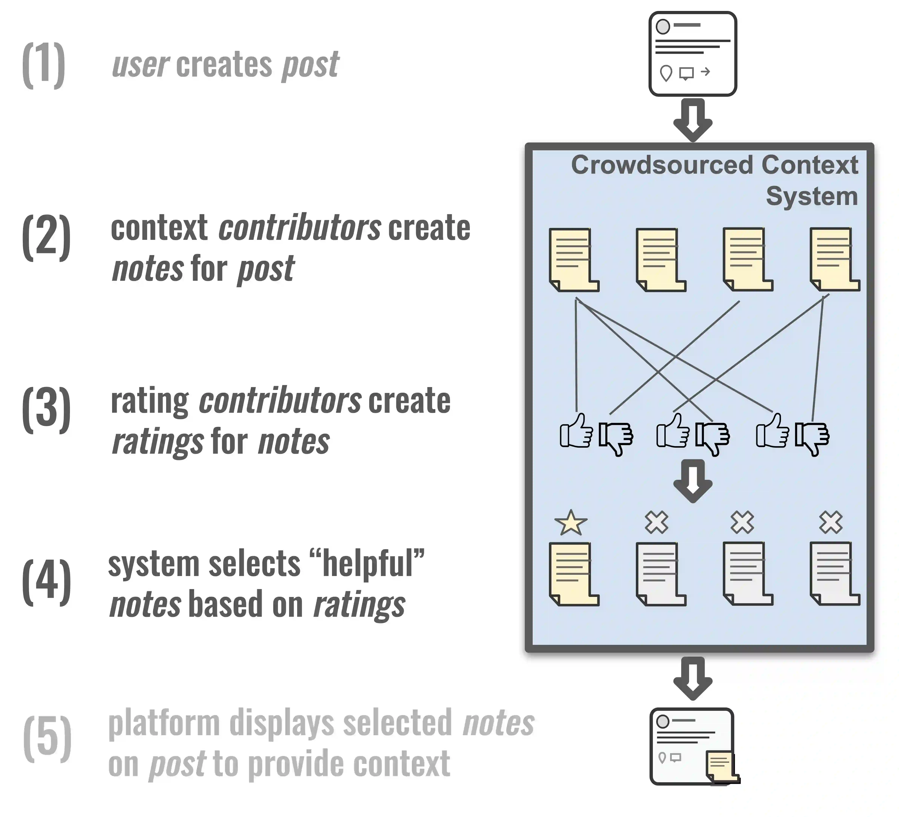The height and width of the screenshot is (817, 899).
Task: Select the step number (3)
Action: click(46, 409)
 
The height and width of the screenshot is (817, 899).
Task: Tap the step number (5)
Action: click(47, 738)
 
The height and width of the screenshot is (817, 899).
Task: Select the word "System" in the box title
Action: click(812, 196)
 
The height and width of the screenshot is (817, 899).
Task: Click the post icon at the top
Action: click(693, 54)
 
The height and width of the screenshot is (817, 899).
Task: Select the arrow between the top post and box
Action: click(693, 120)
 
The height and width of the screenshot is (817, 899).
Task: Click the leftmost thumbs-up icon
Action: click(576, 431)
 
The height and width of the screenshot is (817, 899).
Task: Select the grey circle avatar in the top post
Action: click(663, 26)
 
